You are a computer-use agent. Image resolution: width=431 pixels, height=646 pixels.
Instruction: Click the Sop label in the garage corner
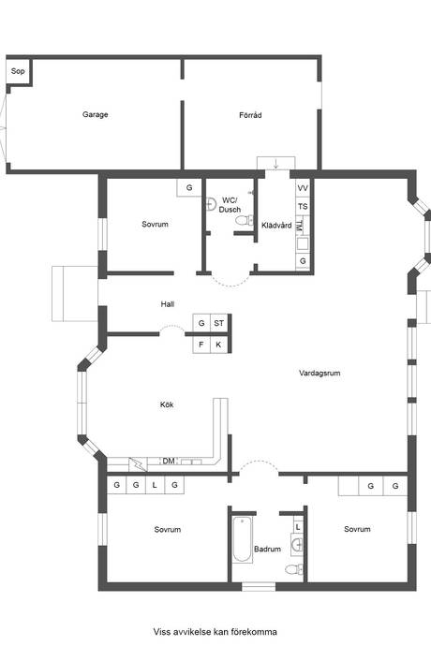click(18, 70)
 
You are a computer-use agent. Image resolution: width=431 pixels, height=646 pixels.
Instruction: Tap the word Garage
click(95, 115)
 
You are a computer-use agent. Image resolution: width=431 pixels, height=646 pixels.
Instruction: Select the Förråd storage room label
click(250, 115)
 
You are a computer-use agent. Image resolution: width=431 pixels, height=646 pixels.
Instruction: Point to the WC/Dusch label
click(230, 205)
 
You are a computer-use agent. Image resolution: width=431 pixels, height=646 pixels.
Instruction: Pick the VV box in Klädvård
click(303, 188)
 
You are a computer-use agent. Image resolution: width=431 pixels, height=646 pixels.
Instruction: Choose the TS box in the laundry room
click(303, 206)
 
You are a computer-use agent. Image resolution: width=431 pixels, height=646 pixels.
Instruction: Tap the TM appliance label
click(299, 226)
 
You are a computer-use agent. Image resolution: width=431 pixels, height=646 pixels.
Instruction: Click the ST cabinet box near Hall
click(219, 323)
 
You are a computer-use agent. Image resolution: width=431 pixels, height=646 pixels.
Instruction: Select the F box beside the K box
click(201, 345)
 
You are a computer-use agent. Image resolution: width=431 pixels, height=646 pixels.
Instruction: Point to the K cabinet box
click(219, 345)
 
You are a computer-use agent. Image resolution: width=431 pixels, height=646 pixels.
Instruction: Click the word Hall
click(168, 304)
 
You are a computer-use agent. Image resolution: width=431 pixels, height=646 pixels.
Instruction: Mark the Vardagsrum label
click(320, 373)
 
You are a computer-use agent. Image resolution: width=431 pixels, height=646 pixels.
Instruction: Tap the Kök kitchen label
click(167, 404)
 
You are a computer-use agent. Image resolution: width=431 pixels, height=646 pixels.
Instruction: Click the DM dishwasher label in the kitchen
click(169, 461)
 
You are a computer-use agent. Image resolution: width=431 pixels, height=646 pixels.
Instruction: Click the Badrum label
click(268, 550)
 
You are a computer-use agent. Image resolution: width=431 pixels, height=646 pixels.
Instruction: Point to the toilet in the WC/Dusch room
click(245, 221)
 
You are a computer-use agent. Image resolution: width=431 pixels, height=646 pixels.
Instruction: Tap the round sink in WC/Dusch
click(213, 200)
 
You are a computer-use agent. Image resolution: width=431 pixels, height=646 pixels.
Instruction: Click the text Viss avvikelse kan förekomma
click(215, 632)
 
